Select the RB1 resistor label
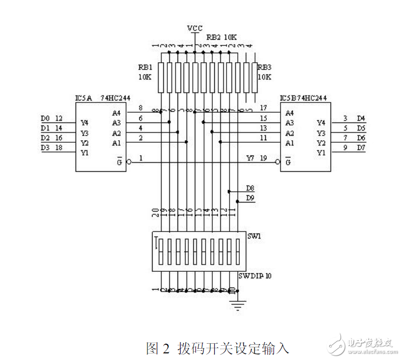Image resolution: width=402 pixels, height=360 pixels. [145, 67]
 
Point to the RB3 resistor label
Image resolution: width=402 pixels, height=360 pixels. [264, 67]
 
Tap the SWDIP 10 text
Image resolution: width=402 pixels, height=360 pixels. [255, 275]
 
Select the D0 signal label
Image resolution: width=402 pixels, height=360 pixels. [45, 118]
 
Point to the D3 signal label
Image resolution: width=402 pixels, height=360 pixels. [45, 147]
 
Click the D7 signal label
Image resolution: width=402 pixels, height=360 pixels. [361, 147]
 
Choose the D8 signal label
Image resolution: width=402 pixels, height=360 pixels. [250, 188]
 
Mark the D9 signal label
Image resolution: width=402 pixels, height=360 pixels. [250, 197]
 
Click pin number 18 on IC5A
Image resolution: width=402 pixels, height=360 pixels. [59, 147]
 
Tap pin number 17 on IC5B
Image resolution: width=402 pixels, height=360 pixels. [263, 108]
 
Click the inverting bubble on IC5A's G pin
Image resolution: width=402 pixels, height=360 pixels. [129, 162]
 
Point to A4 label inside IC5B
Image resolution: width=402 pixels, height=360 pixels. [290, 113]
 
